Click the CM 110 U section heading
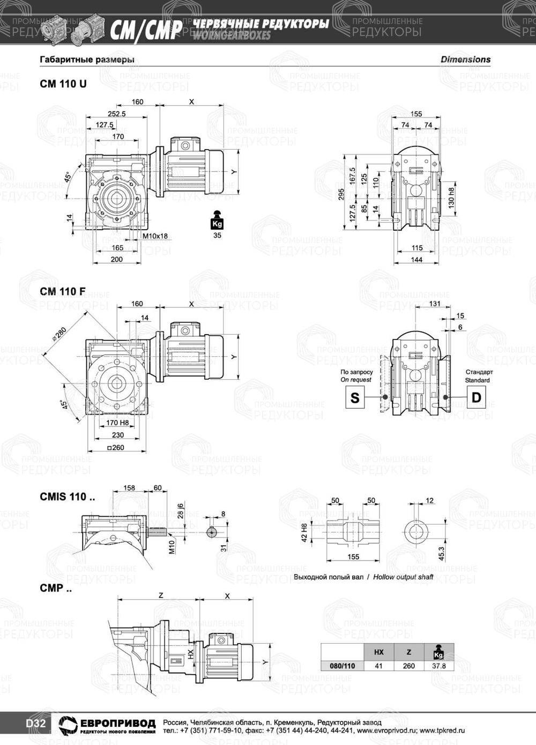63,84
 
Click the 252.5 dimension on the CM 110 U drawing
116,114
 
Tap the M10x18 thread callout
155,236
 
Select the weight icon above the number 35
217,220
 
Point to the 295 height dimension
340,194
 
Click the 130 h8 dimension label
451,197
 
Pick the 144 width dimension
416,260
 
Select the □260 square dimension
116,447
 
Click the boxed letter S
355,397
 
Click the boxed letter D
476,397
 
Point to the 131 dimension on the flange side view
435,304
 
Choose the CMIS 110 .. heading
67,497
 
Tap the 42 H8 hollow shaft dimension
304,533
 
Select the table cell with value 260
408,666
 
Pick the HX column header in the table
378,652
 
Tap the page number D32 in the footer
35,724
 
